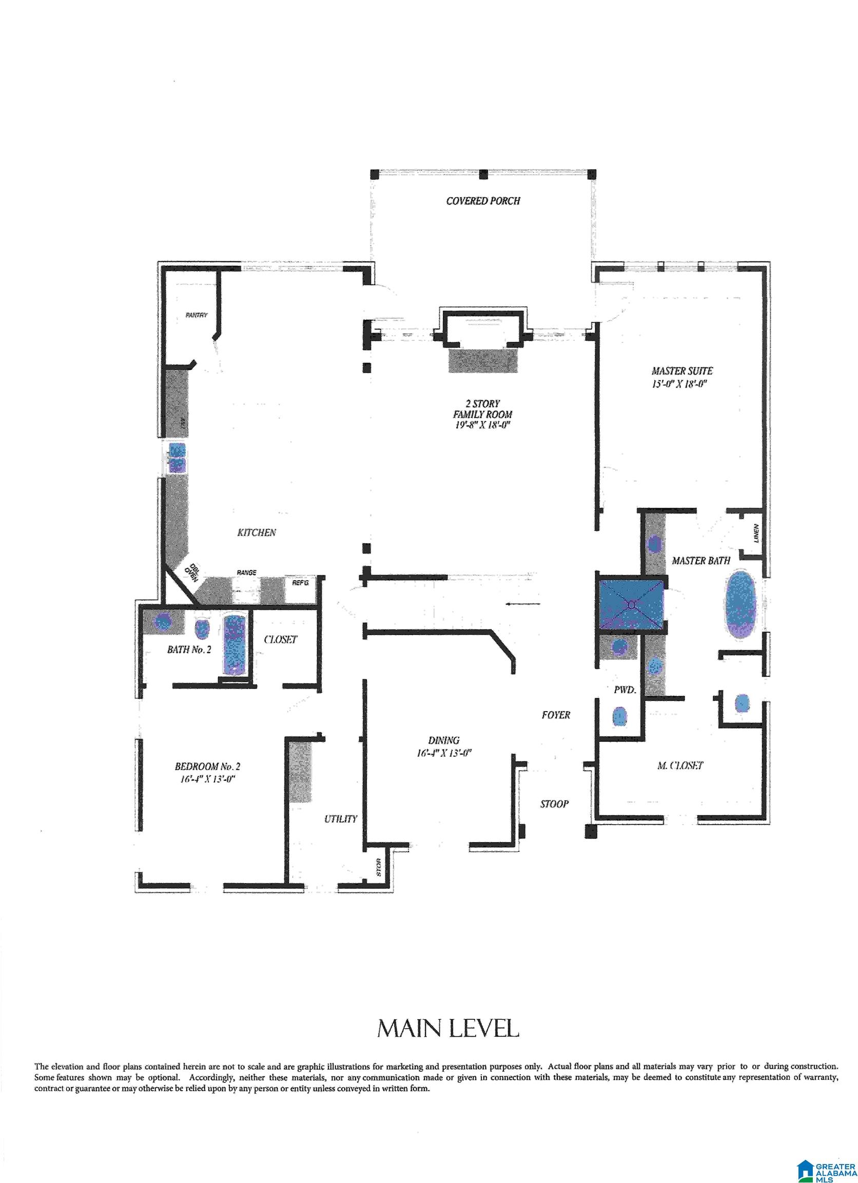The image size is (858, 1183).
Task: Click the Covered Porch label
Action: (x=483, y=201)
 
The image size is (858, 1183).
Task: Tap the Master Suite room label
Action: (x=682, y=371)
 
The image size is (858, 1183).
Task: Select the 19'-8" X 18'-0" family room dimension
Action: (x=482, y=425)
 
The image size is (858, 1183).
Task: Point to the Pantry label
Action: (x=197, y=315)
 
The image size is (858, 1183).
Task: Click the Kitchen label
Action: (x=257, y=532)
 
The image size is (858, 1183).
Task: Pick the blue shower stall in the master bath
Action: (x=631, y=605)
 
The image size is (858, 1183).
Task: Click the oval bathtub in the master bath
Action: (x=740, y=606)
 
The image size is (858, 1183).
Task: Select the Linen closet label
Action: (x=756, y=532)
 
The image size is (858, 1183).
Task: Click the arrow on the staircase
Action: (x=523, y=604)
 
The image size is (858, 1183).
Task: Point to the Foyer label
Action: (x=556, y=715)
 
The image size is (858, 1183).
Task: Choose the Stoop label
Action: (x=554, y=804)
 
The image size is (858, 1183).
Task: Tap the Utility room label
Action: (x=340, y=818)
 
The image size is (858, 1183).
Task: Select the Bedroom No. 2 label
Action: (x=207, y=766)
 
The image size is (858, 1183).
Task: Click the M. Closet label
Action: (x=680, y=765)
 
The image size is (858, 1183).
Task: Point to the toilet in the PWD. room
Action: (x=619, y=717)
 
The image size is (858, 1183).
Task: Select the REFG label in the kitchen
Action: (x=300, y=582)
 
